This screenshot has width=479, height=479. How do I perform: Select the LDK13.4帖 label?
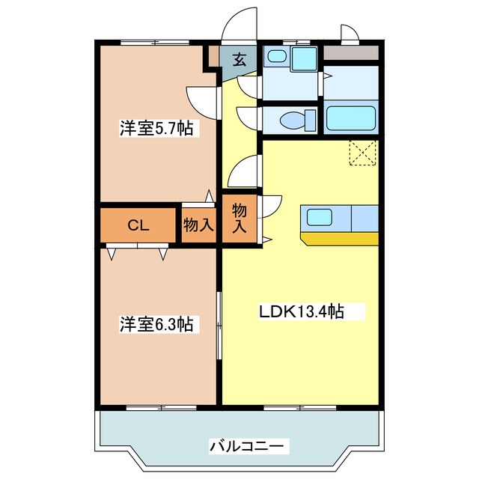tap(302, 311)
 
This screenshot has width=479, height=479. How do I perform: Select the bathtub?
tap(350, 119)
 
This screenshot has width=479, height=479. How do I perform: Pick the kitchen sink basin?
tap(317, 218)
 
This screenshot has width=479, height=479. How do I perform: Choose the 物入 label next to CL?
tap(199, 224)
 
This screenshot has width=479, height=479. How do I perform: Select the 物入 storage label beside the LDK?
tap(239, 217)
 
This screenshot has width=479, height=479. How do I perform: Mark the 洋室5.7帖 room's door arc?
tap(199, 98)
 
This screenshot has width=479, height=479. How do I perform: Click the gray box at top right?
tap(351, 54)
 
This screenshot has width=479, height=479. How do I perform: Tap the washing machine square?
tap(304, 58)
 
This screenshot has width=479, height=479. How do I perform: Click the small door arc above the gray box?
tap(350, 32)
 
